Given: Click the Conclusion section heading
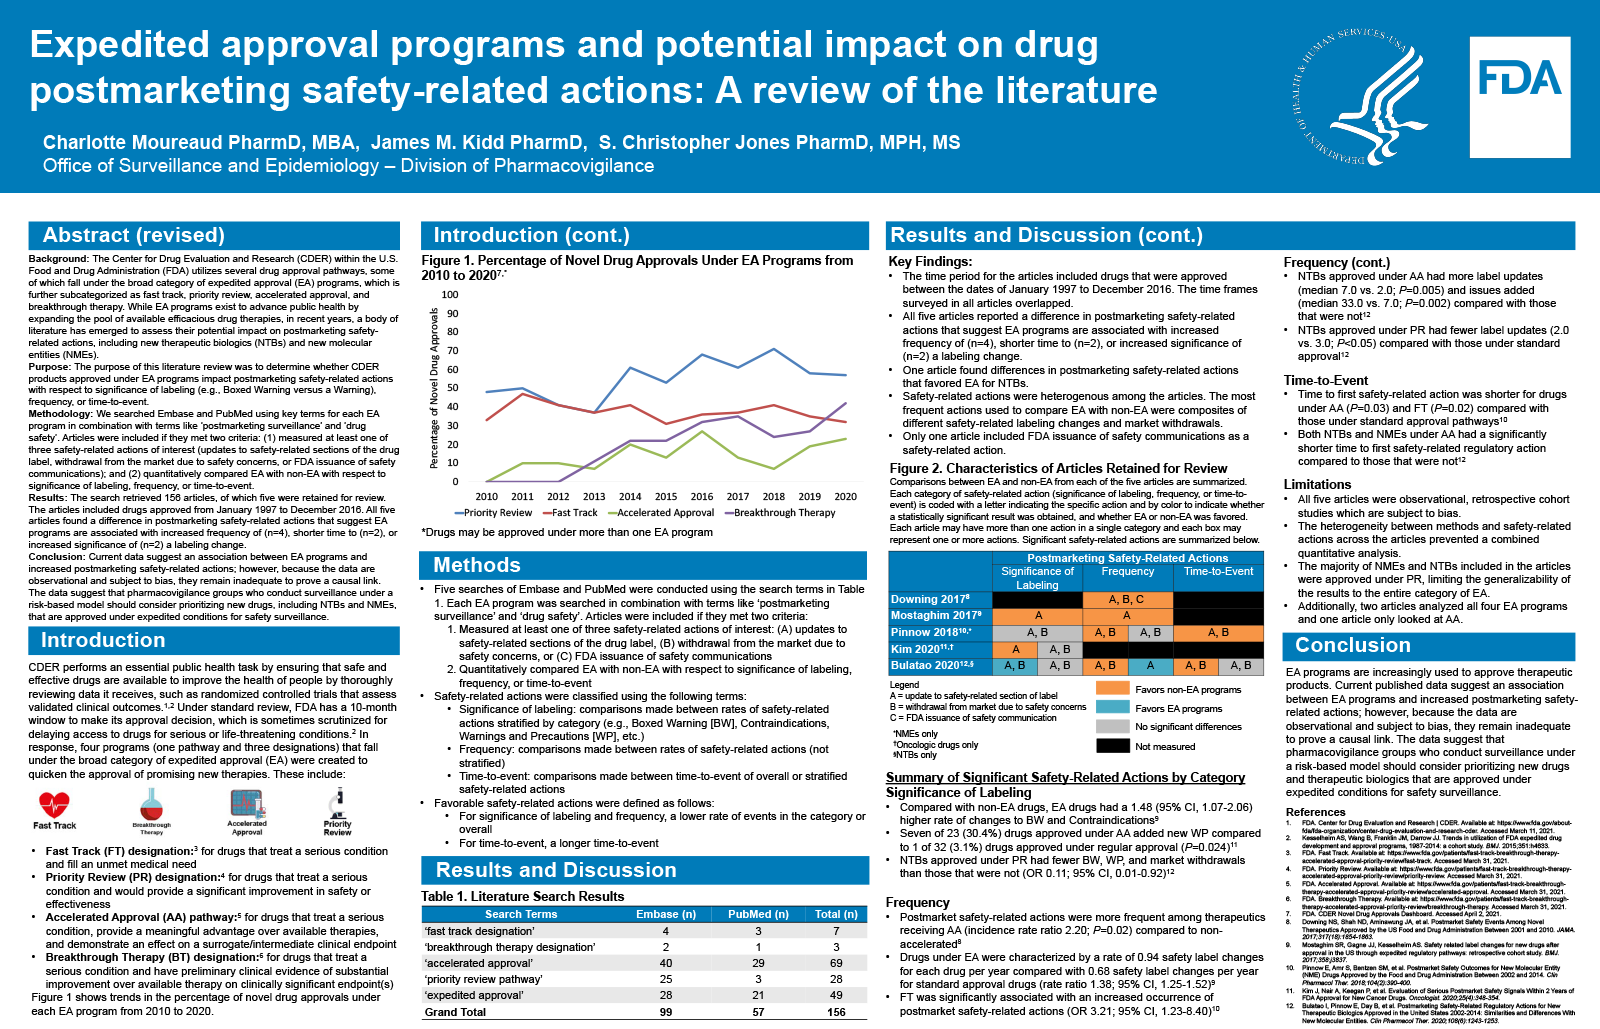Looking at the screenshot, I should (1352, 645).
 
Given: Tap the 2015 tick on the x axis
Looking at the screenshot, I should (666, 496).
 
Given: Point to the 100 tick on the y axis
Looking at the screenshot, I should (450, 295).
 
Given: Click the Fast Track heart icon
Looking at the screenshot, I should (54, 803).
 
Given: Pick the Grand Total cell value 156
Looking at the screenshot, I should (836, 1012).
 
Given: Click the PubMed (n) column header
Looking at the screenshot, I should (758, 914).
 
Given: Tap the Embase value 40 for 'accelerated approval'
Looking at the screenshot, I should (666, 963).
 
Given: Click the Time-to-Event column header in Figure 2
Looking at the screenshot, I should (1218, 571).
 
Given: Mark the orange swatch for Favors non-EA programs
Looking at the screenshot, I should (1112, 688).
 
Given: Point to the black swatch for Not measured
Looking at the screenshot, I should (1112, 745).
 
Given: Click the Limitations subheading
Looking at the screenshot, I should (1317, 484).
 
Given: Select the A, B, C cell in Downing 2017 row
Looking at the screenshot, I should (1126, 599).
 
